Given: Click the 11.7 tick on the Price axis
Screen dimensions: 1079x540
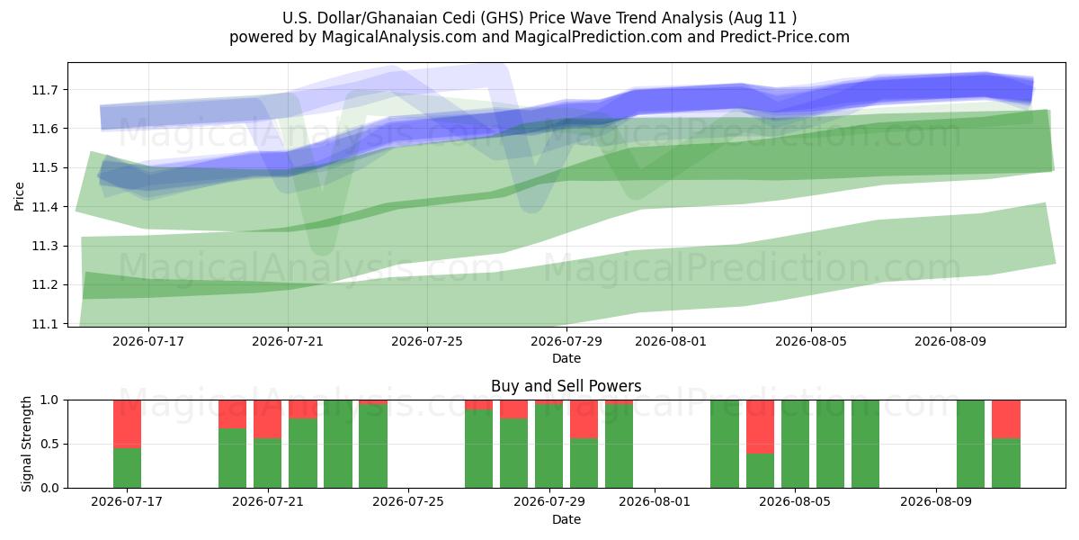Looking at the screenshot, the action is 44,90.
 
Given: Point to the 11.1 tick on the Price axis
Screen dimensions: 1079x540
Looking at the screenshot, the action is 44,324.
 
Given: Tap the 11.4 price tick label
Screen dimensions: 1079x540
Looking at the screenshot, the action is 44,207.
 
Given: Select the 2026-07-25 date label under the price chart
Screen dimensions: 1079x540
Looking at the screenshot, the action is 427,342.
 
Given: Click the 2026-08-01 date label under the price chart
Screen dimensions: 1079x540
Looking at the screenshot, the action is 671,342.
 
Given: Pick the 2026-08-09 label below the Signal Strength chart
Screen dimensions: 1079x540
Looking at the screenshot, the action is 935,502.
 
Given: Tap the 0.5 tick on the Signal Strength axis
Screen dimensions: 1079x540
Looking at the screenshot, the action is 50,444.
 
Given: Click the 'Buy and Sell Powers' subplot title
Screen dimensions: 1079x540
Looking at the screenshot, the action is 566,386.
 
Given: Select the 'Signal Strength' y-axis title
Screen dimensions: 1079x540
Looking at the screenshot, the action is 26,444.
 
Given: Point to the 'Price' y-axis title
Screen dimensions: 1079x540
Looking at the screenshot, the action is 19,196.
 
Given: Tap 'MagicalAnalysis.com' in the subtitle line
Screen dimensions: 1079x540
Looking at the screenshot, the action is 399,37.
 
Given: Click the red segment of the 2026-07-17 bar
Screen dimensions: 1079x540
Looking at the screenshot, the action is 127,424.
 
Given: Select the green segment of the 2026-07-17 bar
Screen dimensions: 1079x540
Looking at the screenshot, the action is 127,468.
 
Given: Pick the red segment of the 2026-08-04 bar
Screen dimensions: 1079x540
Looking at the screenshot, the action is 760,427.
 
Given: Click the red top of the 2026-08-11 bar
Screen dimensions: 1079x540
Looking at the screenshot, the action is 1006,419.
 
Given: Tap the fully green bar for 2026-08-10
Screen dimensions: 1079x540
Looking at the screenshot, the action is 970,444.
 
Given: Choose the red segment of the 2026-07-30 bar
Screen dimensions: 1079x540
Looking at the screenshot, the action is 584,419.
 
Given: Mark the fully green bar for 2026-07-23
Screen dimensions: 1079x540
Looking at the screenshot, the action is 338,444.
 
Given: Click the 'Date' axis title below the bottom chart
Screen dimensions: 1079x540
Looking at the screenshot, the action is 566,520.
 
